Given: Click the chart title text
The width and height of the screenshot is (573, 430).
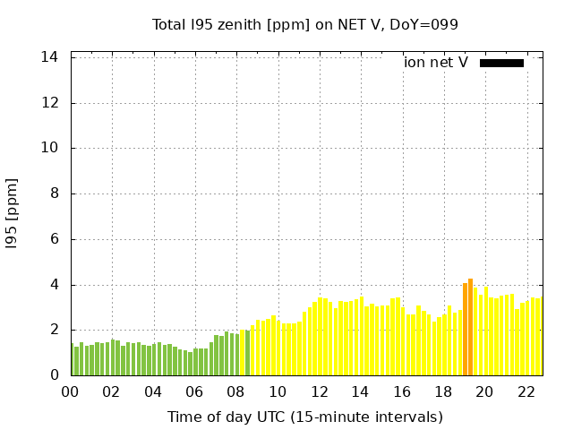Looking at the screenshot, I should coord(304,24).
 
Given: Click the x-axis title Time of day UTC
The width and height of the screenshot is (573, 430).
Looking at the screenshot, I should coord(304,417).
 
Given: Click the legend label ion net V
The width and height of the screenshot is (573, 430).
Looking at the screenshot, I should coord(436,63).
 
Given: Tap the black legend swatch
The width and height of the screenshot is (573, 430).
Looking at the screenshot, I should coord(501,63).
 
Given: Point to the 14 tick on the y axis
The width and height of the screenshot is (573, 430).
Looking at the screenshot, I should coord(50,56).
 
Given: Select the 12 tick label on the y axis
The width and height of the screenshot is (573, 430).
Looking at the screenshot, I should coord(50,102).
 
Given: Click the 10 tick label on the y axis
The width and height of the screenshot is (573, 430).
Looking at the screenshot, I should coord(50,148).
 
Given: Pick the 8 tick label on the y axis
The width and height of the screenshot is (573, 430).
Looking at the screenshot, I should coord(54,193).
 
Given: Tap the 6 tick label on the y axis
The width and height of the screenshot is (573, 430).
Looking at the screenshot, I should coord(54,239).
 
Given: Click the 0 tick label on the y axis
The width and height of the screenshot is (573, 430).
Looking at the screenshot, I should coord(54,375).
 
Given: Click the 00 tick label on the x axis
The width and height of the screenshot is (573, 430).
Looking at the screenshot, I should coord(71,392).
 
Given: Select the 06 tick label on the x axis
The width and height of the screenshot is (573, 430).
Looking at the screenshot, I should coord(195,392).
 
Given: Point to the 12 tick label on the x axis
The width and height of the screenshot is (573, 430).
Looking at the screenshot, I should coord(319,392).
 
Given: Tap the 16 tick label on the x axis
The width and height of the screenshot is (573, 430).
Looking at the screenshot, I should coord(402,392).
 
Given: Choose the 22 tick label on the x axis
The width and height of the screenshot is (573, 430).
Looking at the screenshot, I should coord(526,392).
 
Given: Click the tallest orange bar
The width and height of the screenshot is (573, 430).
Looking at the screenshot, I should coord(470,327).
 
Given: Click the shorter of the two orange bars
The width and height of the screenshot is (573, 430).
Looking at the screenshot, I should coord(465,330).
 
